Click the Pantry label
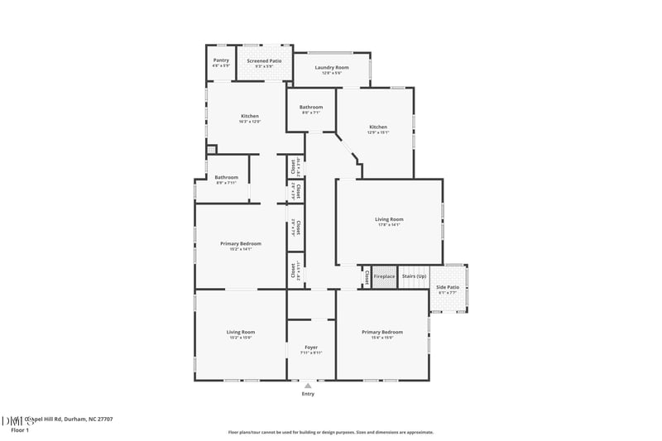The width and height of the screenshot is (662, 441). (221, 60)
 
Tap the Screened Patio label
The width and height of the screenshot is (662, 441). (265, 60)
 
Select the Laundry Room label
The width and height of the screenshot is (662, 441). (331, 67)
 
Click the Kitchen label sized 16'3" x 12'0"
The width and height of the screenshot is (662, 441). (250, 116)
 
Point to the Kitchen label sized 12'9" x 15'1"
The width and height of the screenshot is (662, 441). (377, 127)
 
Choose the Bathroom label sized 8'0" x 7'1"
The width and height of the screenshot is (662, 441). (311, 107)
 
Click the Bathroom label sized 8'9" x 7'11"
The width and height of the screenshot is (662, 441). (226, 177)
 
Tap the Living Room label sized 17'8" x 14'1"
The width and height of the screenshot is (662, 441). (389, 219)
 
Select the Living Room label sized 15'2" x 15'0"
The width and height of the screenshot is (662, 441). (241, 332)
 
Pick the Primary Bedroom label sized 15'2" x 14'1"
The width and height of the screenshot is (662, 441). (241, 243)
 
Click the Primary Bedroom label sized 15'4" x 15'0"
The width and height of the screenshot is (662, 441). (382, 332)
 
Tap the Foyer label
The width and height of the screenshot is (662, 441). (311, 348)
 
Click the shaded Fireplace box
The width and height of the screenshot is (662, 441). (384, 276)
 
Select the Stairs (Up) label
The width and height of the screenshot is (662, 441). (414, 276)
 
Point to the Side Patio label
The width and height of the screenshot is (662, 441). (448, 287)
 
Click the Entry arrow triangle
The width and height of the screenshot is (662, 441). (308, 386)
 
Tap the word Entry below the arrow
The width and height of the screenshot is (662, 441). (308, 394)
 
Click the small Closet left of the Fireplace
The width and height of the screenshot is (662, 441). (367, 276)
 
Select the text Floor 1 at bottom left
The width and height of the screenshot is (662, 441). (20, 430)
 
